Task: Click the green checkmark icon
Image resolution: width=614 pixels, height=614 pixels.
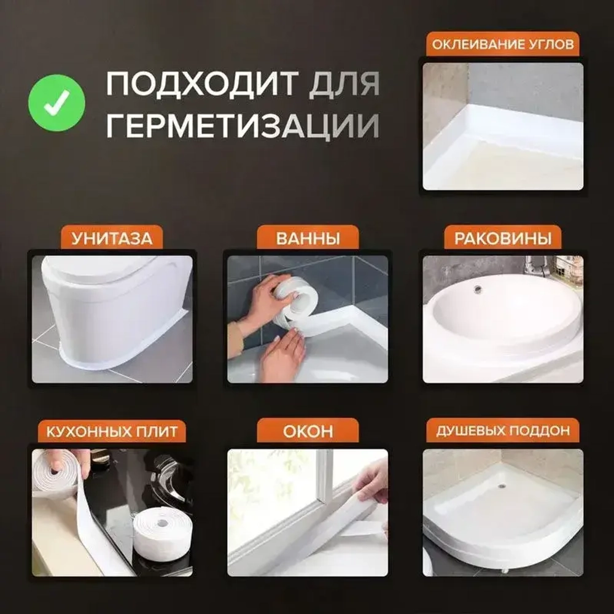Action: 56,103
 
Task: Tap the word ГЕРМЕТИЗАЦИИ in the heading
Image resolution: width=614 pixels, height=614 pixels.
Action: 243,126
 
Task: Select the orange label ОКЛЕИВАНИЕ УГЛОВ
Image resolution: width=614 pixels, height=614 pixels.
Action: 502,44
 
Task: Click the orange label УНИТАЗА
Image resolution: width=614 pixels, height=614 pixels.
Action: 112,238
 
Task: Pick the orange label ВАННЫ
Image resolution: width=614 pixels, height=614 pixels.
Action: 308,238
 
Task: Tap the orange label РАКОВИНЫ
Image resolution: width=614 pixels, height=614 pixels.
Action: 502,238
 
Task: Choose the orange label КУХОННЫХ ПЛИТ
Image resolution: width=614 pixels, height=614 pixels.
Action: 112,431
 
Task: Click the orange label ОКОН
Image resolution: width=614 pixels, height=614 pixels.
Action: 308,431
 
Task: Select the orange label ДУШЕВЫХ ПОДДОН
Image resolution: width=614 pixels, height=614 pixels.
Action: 502,431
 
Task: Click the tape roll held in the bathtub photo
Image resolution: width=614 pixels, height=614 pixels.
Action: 298,301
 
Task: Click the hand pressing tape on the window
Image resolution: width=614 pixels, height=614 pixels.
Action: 371,482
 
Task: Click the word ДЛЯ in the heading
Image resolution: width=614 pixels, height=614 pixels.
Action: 344,84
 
